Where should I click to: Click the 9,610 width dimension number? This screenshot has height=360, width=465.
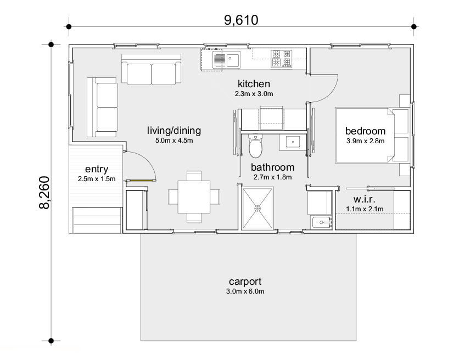point(241,20)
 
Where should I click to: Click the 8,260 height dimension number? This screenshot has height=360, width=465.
point(44,193)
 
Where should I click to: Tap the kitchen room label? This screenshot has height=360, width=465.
point(254,83)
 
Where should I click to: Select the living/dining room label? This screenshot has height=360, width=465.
point(174,131)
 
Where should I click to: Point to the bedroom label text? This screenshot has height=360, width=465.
point(366,131)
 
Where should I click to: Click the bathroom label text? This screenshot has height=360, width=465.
point(272,167)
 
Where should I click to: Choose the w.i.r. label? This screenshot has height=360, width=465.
point(364,199)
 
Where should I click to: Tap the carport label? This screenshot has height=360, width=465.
point(245,282)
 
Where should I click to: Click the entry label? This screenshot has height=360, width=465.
point(97,169)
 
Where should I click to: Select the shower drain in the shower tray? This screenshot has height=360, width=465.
point(257,209)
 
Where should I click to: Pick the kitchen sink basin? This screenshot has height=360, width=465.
point(233,60)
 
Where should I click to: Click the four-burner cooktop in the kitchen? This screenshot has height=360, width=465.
point(282,59)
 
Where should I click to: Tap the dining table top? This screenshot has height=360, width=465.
point(194,197)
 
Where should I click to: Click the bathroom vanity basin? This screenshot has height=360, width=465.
point(293,142)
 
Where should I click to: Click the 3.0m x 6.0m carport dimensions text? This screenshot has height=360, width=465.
point(245,291)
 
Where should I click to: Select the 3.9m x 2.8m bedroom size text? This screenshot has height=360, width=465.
point(366,141)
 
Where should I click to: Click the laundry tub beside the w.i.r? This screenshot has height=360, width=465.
point(321,222)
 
